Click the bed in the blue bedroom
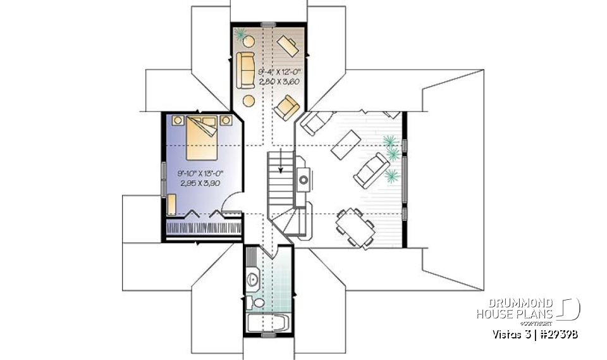tap(202, 138)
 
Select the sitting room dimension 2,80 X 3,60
tap(274, 82)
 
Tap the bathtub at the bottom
tap(268, 325)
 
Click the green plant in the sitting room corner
tap(240, 33)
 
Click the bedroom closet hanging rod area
tap(204, 227)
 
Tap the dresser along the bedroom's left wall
tap(171, 204)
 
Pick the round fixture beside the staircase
tap(304, 180)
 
